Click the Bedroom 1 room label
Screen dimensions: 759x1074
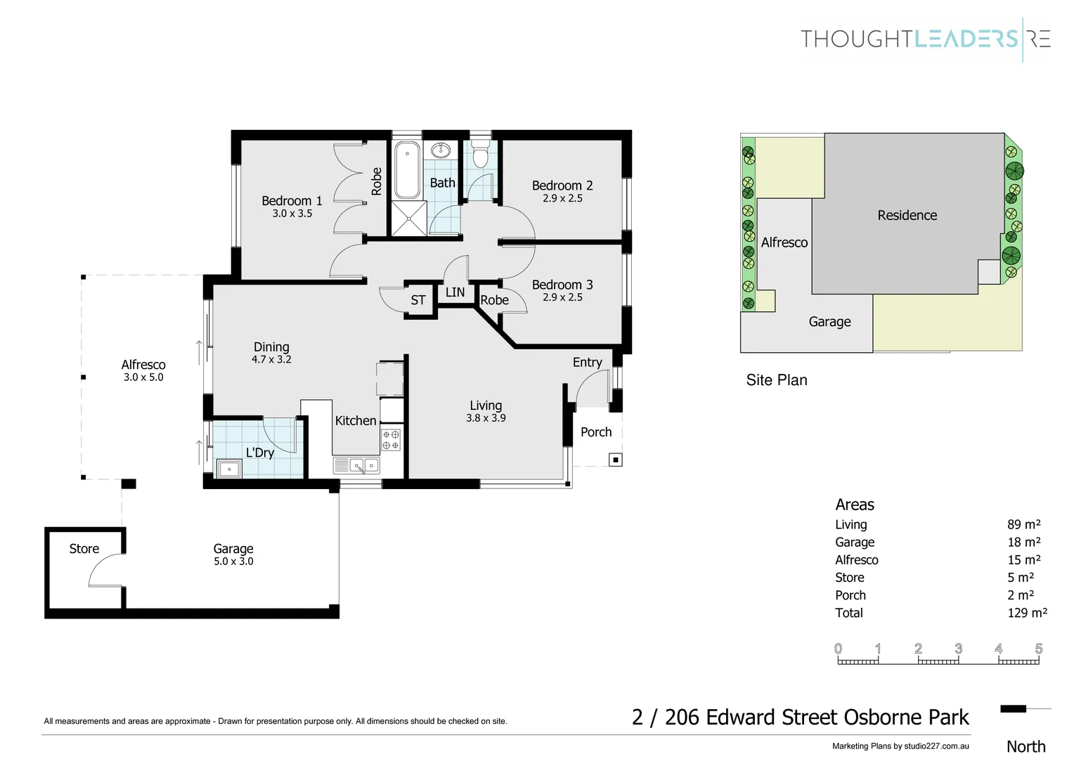(x=292, y=201)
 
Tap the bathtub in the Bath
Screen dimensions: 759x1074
(x=407, y=171)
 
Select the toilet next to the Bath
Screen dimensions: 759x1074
(x=480, y=155)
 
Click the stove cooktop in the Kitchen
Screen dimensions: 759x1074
(x=391, y=440)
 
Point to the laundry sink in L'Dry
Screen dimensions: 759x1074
(x=229, y=469)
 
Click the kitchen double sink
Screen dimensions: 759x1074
(x=364, y=465)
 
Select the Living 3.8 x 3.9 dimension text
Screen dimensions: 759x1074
(x=486, y=418)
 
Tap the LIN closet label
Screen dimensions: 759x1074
(x=455, y=292)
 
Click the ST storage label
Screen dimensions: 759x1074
(x=418, y=300)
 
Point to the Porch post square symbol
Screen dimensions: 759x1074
(x=616, y=460)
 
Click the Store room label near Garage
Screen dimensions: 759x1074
(x=84, y=549)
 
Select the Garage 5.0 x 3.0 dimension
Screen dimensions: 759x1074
(x=233, y=562)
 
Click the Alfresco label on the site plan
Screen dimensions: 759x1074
(x=784, y=242)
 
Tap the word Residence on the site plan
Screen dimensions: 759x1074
(x=907, y=216)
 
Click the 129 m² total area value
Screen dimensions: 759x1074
(x=1027, y=613)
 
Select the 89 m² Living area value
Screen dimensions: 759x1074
(x=1023, y=524)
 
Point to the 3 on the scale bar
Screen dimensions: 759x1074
(x=958, y=649)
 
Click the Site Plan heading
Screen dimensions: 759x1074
(x=777, y=380)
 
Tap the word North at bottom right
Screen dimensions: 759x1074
(x=1026, y=746)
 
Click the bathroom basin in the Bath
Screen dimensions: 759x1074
(x=442, y=150)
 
